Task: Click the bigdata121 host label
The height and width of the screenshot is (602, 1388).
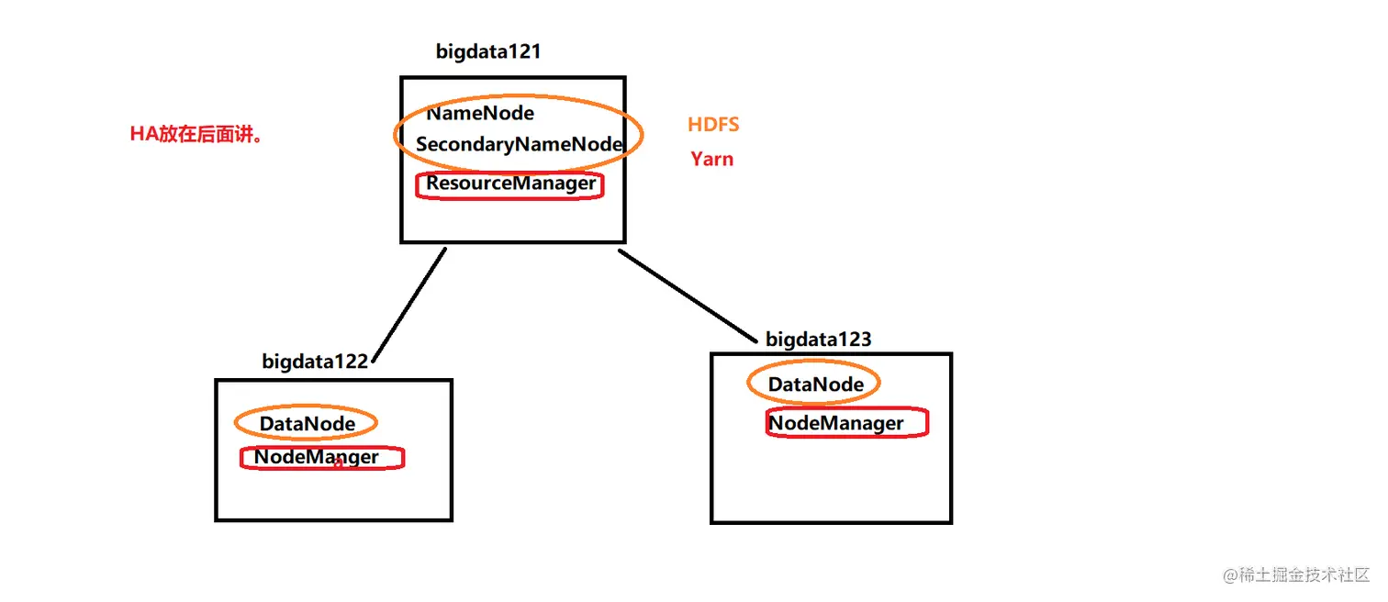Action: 488,51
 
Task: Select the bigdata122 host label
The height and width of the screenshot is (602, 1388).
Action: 314,362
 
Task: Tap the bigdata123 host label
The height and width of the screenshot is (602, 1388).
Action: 818,340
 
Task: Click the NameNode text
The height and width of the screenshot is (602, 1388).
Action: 480,114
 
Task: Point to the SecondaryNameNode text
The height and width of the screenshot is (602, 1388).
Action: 520,144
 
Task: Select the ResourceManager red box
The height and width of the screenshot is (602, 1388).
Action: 510,184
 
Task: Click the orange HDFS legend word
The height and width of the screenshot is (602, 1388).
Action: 713,125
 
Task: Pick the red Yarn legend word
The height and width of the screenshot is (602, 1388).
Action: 711,159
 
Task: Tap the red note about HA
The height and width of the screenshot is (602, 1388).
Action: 196,135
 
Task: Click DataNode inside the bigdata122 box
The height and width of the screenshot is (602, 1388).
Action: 307,424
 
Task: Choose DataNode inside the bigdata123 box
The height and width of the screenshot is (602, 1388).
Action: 815,385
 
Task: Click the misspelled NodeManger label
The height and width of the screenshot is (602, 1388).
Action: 316,456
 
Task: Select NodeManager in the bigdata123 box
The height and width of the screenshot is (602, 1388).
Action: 835,423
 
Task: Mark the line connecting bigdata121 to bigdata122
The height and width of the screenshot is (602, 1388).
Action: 409,305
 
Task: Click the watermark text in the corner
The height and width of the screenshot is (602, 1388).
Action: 1295,575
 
